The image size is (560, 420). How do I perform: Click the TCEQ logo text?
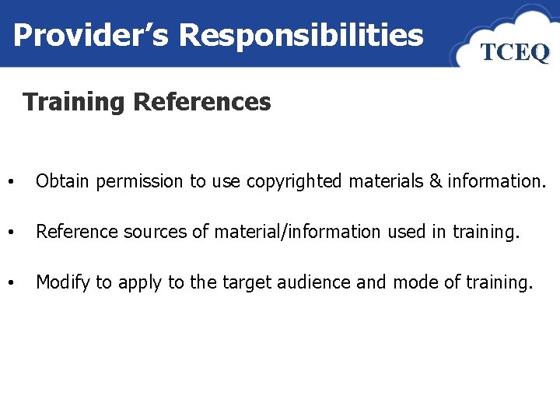pyautogui.click(x=515, y=52)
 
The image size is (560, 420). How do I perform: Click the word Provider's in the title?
pyautogui.click(x=92, y=35)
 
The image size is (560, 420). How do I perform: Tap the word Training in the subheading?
pyautogui.click(x=74, y=102)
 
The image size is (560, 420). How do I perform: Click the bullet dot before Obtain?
pyautogui.click(x=9, y=183)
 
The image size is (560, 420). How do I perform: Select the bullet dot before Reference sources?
pyautogui.click(x=9, y=233)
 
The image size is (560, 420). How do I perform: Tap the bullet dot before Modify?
pyautogui.click(x=9, y=283)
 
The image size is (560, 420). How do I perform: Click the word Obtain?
pyautogui.click(x=63, y=181)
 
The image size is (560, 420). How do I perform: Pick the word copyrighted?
pyautogui.click(x=294, y=181)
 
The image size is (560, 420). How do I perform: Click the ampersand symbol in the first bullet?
pyautogui.click(x=434, y=181)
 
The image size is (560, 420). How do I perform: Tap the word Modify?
pyautogui.click(x=63, y=282)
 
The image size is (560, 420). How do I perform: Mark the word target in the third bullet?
pyautogui.click(x=243, y=282)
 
